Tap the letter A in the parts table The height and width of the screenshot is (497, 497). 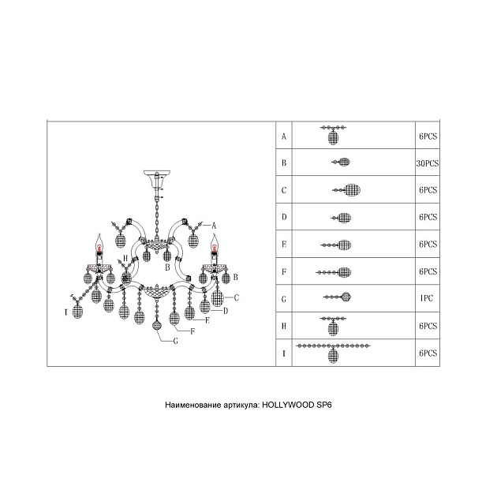283,136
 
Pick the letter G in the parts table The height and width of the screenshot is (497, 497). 283,297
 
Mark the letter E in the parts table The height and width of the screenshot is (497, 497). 283,244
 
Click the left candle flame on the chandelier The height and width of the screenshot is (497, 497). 99,241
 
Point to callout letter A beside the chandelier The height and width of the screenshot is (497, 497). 214,226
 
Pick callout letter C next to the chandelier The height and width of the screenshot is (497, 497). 236,297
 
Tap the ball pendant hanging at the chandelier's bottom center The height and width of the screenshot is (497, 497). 156,325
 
